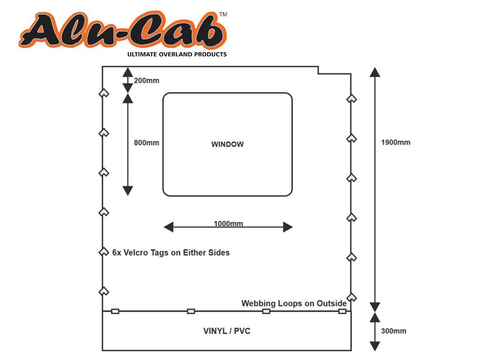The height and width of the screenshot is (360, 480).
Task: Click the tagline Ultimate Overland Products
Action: click(177, 54)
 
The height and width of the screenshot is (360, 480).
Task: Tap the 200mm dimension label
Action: click(146, 81)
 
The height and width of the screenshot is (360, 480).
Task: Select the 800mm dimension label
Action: click(146, 143)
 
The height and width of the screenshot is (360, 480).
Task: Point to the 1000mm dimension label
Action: click(228, 224)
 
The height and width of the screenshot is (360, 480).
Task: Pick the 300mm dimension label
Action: click(394, 331)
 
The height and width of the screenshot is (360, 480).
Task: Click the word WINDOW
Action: click(227, 144)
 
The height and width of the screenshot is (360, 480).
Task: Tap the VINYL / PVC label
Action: click(227, 331)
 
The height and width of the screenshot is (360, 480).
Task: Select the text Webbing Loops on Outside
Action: click(294, 303)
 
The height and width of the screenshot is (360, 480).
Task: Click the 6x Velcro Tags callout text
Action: click(171, 253)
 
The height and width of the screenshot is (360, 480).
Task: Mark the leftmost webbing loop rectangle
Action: click(115, 311)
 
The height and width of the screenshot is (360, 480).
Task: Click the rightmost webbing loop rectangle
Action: click(342, 311)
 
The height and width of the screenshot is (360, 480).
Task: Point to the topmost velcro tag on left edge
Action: click(104, 93)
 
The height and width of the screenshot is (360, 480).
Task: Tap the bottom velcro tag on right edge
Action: click(352, 297)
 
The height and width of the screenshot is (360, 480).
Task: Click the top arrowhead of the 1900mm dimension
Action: click(374, 72)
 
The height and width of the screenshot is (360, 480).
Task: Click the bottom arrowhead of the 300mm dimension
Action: click(374, 346)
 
